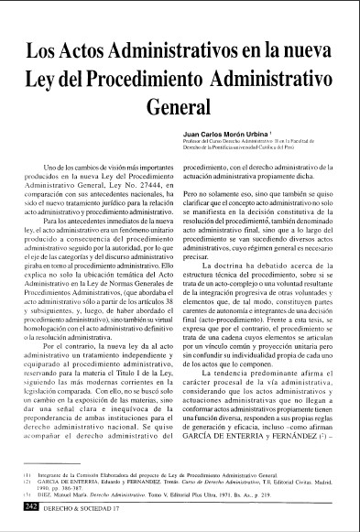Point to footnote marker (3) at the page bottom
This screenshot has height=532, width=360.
click(27, 499)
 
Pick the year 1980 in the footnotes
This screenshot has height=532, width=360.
click(49, 492)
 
